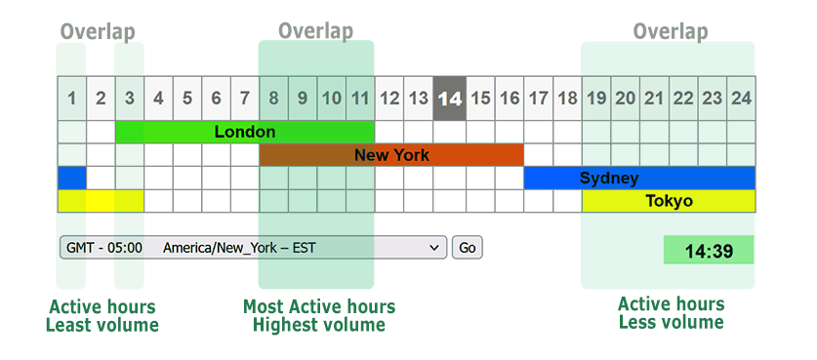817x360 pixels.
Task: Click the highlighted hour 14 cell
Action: pyautogui.click(x=449, y=99)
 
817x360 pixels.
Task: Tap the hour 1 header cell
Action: pyautogui.click(x=71, y=99)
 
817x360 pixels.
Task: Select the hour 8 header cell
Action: pyautogui.click(x=274, y=99)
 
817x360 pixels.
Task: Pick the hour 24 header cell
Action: pyautogui.click(x=741, y=99)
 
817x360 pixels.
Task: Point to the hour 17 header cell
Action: pyautogui.click(x=538, y=99)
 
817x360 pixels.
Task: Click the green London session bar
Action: pyautogui.click(x=245, y=132)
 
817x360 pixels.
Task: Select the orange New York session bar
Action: pyautogui.click(x=391, y=155)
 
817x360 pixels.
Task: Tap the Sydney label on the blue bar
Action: pyautogui.click(x=609, y=179)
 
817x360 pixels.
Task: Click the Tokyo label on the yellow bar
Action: pyautogui.click(x=669, y=202)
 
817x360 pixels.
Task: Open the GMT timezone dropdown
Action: pyautogui.click(x=253, y=248)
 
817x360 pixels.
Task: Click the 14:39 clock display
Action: pyautogui.click(x=709, y=251)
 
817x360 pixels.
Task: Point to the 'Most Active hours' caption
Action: pyautogui.click(x=319, y=307)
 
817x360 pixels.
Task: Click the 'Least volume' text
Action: pyautogui.click(x=102, y=325)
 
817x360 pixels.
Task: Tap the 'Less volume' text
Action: pyautogui.click(x=672, y=323)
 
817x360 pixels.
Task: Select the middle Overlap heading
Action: pyautogui.click(x=315, y=31)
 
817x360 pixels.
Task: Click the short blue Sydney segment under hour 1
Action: pyautogui.click(x=71, y=179)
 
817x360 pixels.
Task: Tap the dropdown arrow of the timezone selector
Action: pyautogui.click(x=434, y=248)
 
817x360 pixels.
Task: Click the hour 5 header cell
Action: pyautogui.click(x=187, y=99)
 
